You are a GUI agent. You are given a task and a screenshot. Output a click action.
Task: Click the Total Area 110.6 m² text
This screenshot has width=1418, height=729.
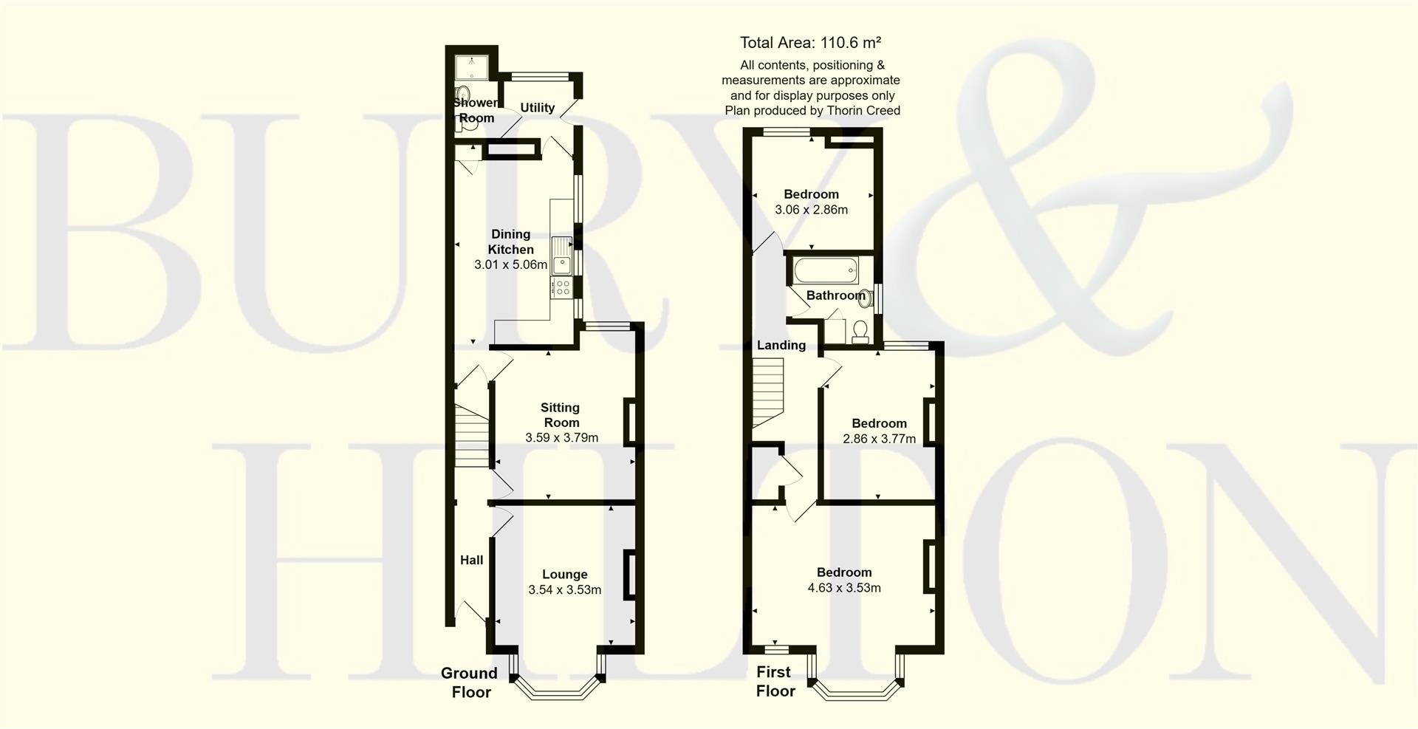pos(810,43)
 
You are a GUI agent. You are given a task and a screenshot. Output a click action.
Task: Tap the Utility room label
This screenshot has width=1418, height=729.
pos(537,108)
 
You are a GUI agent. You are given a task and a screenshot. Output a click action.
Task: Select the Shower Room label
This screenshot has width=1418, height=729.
pos(476,110)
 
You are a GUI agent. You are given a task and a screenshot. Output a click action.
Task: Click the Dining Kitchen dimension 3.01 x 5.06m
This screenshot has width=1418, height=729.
pos(510,264)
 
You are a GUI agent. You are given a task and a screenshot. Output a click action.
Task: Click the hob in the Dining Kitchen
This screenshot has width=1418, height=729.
pos(562,287)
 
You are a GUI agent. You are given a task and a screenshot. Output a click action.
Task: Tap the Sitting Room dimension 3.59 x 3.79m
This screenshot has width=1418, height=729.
pos(561,438)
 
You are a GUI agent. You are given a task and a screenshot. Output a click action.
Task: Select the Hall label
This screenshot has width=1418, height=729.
pos(471,560)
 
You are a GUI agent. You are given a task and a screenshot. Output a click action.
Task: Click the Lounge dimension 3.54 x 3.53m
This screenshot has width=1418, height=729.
pos(564,590)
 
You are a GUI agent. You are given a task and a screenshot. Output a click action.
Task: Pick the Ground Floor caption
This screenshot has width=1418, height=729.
pos(470,682)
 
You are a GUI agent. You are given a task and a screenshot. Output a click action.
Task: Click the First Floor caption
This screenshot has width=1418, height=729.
pos(774,681)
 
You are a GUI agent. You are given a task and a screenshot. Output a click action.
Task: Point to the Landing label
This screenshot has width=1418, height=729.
pos(781,345)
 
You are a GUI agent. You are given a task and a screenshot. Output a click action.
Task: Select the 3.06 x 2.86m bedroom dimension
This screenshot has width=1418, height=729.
pos(811,210)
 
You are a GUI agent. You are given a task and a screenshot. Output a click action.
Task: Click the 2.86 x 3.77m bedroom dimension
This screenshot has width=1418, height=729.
pos(879,439)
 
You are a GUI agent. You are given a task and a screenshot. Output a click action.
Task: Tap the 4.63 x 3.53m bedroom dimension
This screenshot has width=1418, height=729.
pos(844,589)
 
